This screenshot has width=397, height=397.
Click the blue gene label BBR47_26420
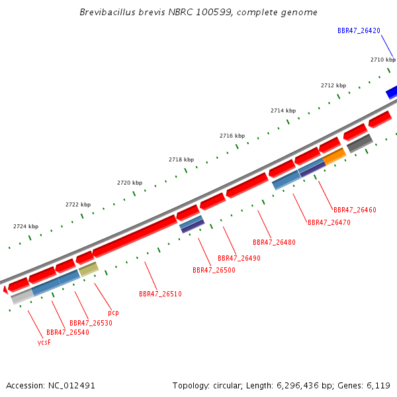tap(359, 30)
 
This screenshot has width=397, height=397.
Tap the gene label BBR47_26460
tap(355, 210)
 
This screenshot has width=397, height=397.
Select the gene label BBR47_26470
tap(329, 222)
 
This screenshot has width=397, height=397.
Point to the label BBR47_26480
tap(274, 242)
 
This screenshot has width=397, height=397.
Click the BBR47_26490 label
tap(239, 258)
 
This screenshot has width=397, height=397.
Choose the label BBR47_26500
tap(214, 270)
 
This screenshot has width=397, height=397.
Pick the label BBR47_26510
tap(160, 294)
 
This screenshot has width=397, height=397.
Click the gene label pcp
tap(113, 313)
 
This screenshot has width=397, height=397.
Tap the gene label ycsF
tap(44, 342)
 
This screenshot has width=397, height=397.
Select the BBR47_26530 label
tap(91, 323)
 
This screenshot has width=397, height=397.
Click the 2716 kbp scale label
tap(232, 136)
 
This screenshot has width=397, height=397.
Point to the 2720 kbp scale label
tap(130, 183)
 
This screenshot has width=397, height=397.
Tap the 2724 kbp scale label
tap(26, 226)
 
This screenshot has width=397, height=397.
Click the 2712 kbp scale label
tap(333, 85)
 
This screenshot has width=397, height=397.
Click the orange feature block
tap(334, 156)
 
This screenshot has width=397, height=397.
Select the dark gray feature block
tap(360, 143)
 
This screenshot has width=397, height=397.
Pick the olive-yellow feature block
tap(89, 269)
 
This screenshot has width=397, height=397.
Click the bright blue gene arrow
tap(392, 92)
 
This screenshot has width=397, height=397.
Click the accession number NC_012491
tap(71, 386)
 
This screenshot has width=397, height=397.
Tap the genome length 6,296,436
tap(298, 386)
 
